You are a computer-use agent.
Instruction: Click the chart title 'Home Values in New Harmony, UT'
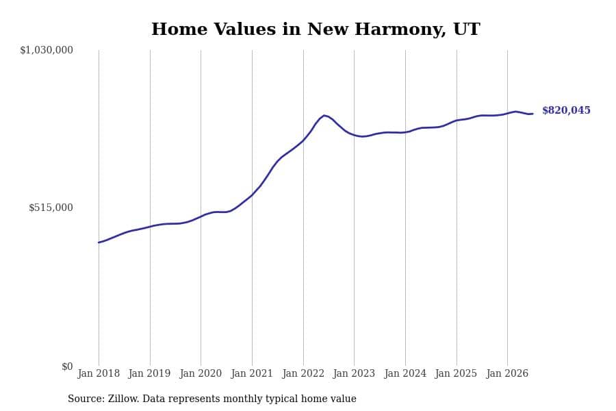click(316, 29)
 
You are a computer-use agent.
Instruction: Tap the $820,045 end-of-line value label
click(566, 110)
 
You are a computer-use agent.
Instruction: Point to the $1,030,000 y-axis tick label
click(47, 50)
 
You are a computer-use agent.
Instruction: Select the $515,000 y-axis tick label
click(51, 208)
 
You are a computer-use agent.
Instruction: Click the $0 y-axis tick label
click(67, 366)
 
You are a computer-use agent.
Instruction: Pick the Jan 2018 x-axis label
click(99, 373)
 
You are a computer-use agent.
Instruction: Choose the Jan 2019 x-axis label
click(149, 373)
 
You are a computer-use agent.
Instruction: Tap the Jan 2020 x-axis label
click(201, 373)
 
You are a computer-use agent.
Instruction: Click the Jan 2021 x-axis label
click(252, 373)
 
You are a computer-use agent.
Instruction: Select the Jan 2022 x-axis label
click(303, 373)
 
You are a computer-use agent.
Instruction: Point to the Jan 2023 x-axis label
click(354, 373)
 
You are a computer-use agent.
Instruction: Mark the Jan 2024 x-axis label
click(405, 373)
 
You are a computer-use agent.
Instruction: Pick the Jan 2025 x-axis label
click(456, 373)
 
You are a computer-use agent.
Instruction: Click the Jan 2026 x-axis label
click(507, 373)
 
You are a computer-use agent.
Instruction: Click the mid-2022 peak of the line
click(324, 115)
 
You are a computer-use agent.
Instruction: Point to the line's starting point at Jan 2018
click(99, 242)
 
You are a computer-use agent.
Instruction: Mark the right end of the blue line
click(532, 114)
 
